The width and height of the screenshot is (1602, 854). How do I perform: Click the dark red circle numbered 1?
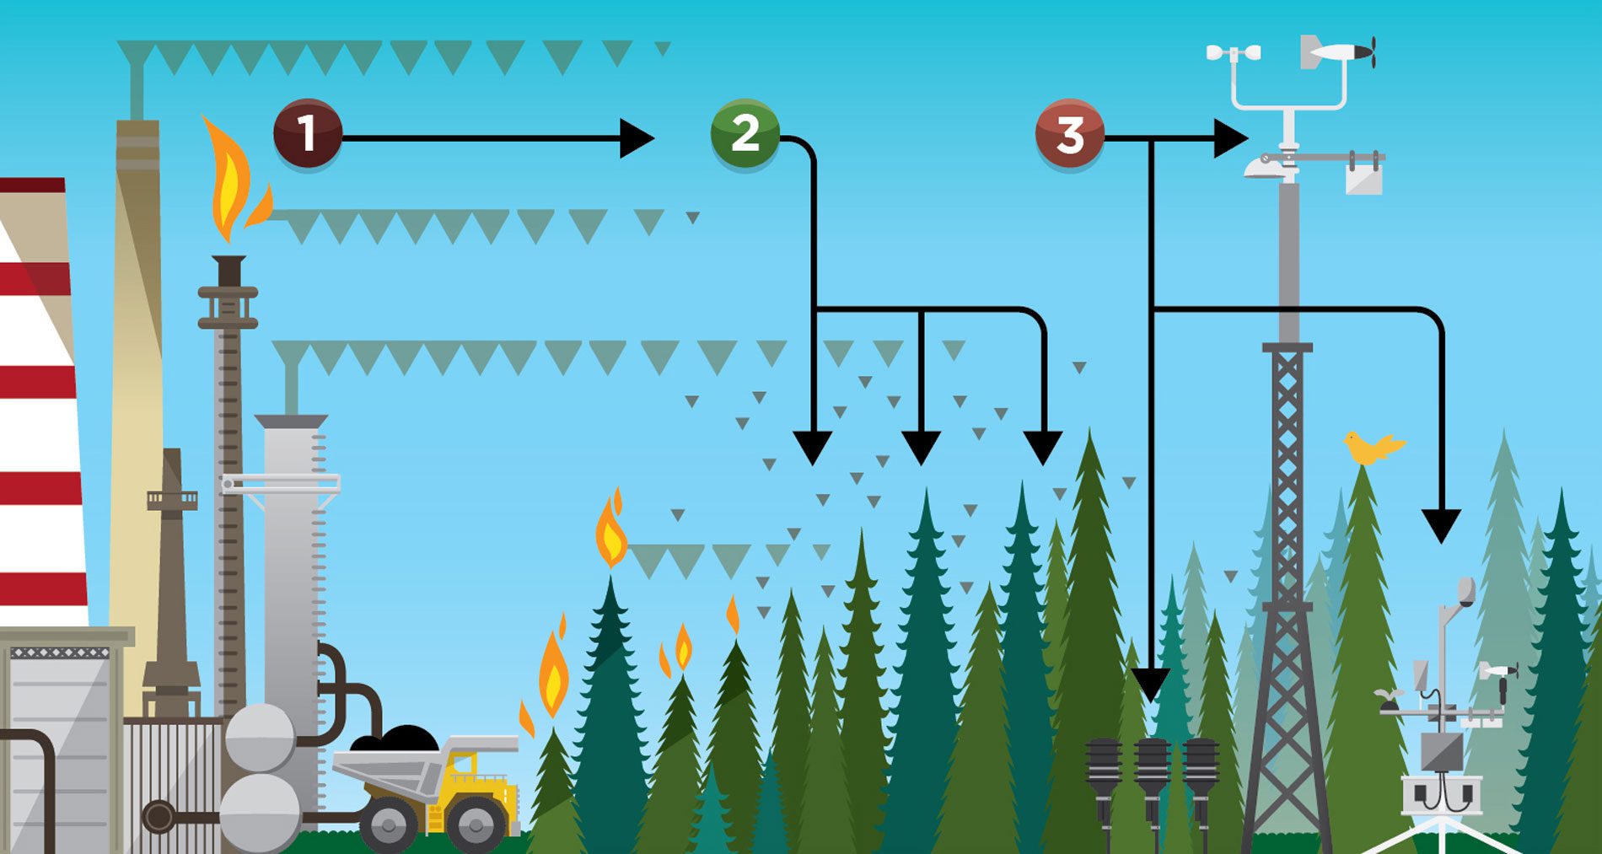[308, 133]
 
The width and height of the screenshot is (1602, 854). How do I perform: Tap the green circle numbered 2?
[745, 133]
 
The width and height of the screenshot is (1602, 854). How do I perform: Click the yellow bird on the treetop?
[1371, 447]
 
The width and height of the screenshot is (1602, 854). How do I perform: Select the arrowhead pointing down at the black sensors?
[1150, 684]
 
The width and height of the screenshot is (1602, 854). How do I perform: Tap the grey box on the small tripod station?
[1441, 750]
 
